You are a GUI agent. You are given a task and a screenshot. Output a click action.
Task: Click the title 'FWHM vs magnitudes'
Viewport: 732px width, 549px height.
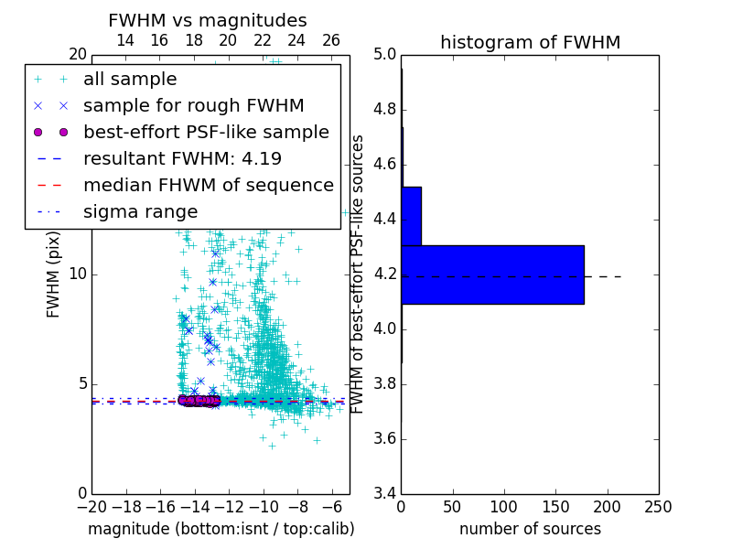coord(208,20)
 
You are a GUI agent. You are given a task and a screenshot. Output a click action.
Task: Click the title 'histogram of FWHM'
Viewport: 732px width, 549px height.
coord(530,42)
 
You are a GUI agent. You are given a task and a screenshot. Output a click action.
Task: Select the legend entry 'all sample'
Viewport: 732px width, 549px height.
coord(130,80)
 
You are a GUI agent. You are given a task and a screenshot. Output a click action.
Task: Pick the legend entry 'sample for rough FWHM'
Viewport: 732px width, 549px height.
coord(193,106)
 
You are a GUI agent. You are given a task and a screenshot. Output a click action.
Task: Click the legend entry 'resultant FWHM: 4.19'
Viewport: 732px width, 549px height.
coord(182,159)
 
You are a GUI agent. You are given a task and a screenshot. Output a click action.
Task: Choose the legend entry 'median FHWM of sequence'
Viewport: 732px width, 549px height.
coord(208,186)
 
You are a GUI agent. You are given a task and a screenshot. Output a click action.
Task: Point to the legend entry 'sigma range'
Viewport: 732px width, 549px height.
coord(140,212)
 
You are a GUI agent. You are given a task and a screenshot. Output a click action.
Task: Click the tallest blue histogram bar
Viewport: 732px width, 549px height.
coord(492,274)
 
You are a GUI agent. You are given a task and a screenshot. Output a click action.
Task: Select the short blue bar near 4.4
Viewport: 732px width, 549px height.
coord(411,216)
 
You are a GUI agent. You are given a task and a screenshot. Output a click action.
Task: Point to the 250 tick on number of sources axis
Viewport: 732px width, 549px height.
coord(658,507)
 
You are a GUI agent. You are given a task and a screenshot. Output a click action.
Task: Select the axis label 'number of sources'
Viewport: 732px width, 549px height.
coord(530,529)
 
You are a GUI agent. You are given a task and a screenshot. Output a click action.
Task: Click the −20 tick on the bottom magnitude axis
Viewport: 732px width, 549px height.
coord(91,507)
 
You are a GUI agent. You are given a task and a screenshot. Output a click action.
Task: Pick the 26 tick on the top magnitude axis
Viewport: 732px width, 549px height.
coord(331,40)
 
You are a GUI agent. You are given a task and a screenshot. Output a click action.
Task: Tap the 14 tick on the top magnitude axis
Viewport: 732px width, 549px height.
coord(125,40)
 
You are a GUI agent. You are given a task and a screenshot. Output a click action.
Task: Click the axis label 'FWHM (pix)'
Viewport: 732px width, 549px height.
coord(54,274)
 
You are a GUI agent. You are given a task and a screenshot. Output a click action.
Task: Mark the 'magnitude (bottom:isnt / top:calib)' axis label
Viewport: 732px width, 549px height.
coord(221,529)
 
